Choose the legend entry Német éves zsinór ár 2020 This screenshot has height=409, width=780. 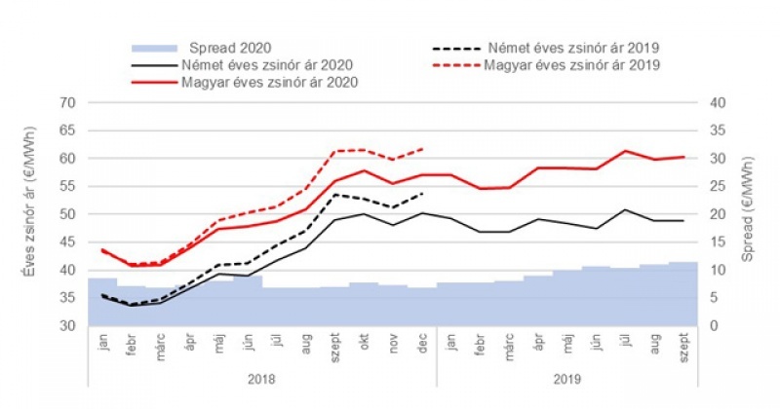coord(265,64)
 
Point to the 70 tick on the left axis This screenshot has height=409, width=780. coord(67,102)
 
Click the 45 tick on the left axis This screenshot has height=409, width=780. coord(67,242)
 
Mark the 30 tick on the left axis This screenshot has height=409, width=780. coord(67,326)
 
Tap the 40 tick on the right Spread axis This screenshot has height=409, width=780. coord(717,102)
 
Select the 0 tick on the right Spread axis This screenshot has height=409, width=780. coord(713,326)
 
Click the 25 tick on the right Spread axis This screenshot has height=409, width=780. coord(717,186)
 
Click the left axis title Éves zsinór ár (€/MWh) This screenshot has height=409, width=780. coord(28,214)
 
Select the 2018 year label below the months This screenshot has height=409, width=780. coord(261,378)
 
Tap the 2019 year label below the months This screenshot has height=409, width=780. coord(567,378)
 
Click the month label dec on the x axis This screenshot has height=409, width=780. coord(422,344)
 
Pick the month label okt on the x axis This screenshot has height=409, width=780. coord(364,344)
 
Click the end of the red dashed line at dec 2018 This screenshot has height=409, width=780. coord(422,149)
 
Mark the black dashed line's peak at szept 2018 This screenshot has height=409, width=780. coord(335,194)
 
